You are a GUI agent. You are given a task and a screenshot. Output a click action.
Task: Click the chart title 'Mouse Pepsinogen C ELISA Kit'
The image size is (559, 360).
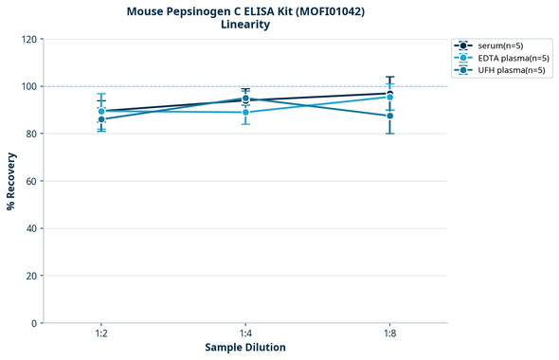coord(245,11)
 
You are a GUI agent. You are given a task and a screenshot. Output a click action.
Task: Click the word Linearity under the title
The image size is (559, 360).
coord(245,25)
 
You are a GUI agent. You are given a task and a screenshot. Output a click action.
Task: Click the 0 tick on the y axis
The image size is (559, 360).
coord(33,323)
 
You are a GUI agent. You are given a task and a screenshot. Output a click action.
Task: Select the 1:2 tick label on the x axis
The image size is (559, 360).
coord(101,334)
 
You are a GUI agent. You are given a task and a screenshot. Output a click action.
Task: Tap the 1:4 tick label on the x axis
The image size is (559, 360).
coord(245,334)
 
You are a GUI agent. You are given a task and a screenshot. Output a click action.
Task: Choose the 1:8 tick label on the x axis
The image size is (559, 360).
coord(389,334)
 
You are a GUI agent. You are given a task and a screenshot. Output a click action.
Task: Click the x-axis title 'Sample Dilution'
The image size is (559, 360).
coord(245,348)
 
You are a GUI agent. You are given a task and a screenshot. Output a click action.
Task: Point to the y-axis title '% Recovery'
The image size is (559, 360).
coord(11,181)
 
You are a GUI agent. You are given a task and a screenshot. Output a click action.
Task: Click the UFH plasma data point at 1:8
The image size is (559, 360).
coord(389,116)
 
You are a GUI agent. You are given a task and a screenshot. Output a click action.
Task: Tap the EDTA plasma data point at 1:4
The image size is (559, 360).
coord(245,112)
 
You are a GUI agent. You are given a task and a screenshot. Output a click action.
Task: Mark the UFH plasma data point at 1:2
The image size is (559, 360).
coord(101,119)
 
